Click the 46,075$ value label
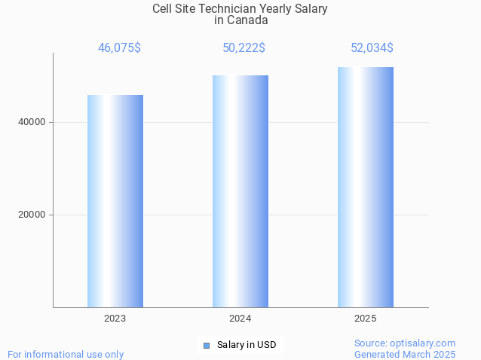[119, 47]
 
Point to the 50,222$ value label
[244, 47]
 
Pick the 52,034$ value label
[372, 47]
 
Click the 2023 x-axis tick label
[115, 319]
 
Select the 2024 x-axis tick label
[240, 319]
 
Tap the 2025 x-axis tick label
[366, 319]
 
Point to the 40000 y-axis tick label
[32, 122]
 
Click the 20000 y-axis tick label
[32, 215]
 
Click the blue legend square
[206, 346]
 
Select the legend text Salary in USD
[247, 345]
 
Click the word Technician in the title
[225, 8]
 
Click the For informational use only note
[66, 354]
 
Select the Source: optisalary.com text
[405, 343]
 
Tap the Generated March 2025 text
[405, 354]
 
